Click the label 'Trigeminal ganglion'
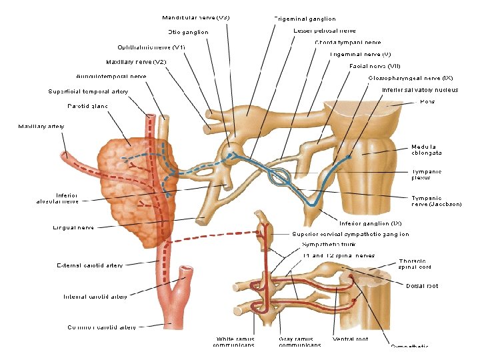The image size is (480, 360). (x=305, y=19)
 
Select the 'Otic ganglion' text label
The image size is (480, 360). (x=188, y=32)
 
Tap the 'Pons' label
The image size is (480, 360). (x=427, y=101)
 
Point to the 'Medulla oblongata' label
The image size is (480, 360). (x=426, y=149)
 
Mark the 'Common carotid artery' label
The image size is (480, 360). (x=101, y=327)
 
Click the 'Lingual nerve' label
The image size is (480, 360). (x=73, y=227)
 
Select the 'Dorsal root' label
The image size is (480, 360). (x=422, y=286)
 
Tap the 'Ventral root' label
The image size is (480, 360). (x=350, y=339)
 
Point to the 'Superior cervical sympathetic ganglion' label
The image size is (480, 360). (x=350, y=234)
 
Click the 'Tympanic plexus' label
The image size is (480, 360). (x=426, y=175)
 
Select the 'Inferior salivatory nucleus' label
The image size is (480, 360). (x=419, y=90)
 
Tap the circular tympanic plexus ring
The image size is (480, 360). (x=279, y=177)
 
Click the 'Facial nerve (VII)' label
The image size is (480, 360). (x=375, y=65)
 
